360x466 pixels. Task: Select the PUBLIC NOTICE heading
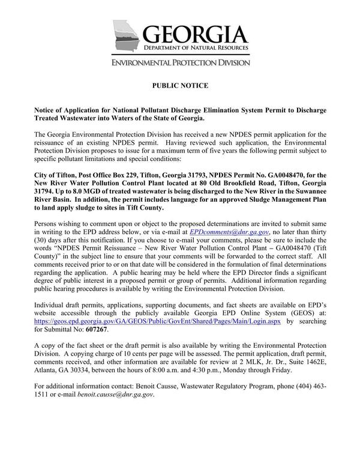click(x=180, y=86)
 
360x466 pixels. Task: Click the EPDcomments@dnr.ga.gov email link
click(x=230, y=231)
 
